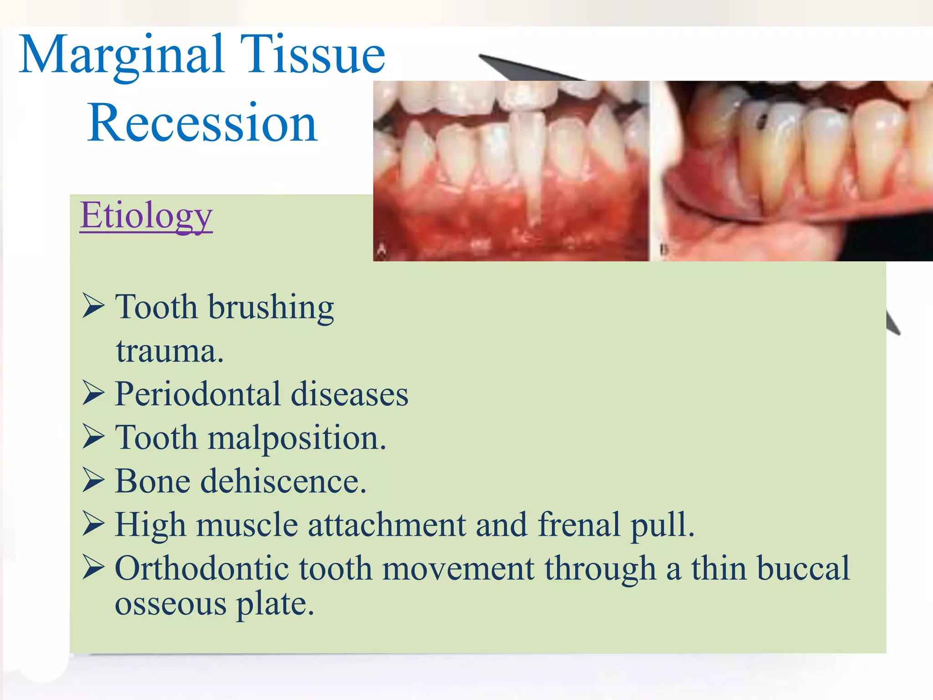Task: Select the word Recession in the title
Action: (202, 123)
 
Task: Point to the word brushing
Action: (271, 308)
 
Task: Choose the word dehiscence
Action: (283, 482)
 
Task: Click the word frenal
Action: (579, 525)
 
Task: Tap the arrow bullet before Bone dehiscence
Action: (93, 481)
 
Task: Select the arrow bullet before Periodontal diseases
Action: (93, 393)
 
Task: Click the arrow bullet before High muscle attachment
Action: (93, 524)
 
